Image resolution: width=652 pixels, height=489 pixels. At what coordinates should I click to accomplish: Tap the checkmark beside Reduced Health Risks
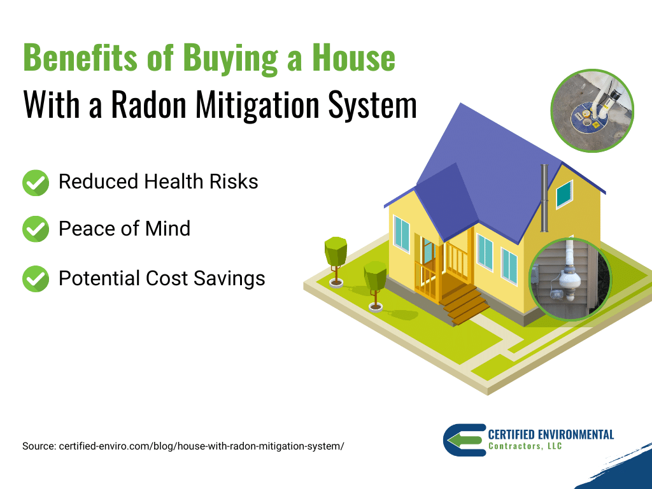tap(36, 183)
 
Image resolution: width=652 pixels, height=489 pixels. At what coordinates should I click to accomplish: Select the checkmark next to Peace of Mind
tap(36, 229)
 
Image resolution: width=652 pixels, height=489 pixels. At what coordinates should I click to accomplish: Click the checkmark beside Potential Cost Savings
tap(36, 279)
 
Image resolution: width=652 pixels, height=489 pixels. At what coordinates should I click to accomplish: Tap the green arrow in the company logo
tap(465, 441)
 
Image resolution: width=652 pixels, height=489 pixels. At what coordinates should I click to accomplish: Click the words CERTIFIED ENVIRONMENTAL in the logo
tap(551, 434)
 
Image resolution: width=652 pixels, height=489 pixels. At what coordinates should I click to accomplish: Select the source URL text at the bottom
tap(183, 446)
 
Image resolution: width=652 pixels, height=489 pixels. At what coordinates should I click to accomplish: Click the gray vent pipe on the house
tap(544, 198)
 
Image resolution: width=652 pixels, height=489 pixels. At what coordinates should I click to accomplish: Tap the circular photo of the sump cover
tap(592, 111)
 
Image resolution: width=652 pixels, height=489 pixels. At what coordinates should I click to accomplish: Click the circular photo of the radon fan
tap(570, 279)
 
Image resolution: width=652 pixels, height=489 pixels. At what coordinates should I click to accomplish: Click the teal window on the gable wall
tap(564, 194)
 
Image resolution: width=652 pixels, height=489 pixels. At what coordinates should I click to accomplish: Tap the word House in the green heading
tap(353, 57)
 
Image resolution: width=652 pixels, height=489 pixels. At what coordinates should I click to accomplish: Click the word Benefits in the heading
tap(80, 57)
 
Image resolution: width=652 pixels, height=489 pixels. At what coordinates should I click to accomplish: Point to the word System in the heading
tap(372, 105)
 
